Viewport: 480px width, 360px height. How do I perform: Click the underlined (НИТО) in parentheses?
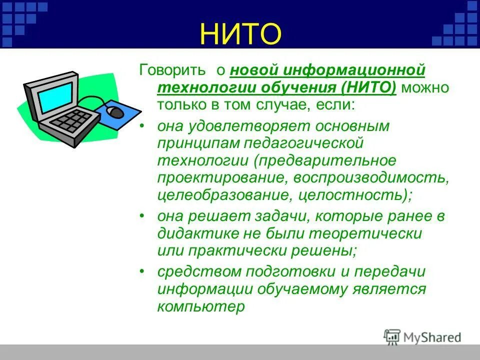369,88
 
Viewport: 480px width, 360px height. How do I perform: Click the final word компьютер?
201,306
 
